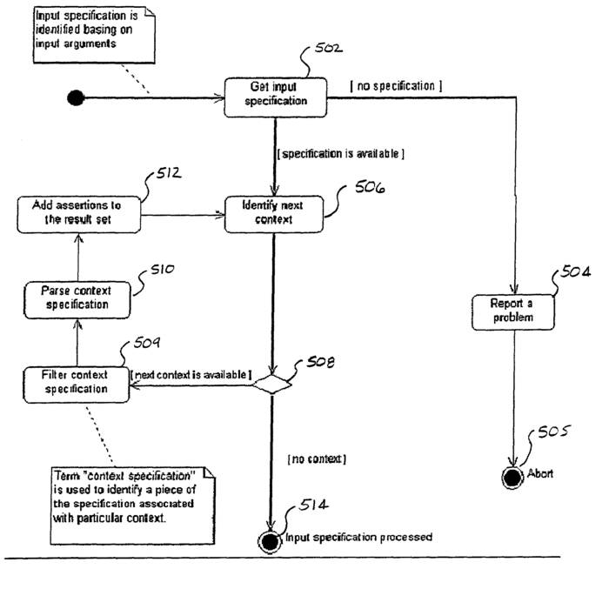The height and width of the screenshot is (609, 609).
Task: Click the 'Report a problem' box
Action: [514, 311]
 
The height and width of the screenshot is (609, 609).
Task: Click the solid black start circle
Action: [76, 97]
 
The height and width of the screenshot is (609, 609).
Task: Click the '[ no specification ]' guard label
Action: [397, 86]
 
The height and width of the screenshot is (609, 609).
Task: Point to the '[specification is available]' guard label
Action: [339, 153]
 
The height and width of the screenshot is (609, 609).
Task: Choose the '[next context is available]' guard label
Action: [191, 375]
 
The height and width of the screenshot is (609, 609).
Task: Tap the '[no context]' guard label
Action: [316, 458]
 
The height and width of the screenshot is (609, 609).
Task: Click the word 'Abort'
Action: [540, 474]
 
